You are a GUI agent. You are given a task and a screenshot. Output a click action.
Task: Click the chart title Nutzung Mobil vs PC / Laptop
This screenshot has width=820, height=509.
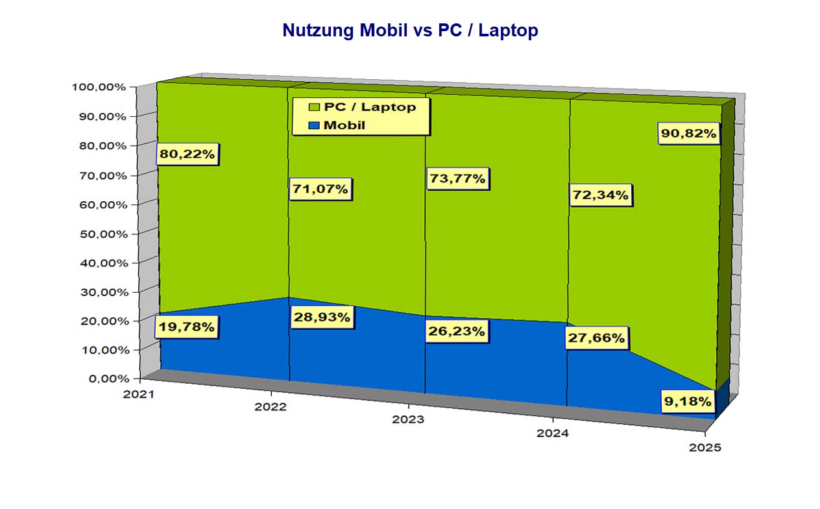click(410, 31)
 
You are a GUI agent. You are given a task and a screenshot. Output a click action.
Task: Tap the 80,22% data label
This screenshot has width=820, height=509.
click(189, 155)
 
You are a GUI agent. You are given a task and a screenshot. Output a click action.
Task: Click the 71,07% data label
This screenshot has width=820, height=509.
click(320, 190)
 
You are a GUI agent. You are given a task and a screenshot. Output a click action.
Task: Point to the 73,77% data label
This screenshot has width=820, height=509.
click(457, 179)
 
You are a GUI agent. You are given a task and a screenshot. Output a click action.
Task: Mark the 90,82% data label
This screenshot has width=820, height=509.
click(689, 134)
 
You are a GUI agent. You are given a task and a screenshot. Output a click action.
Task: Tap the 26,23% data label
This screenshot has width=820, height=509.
click(457, 331)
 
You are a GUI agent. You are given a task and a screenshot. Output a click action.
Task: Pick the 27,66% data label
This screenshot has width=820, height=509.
click(596, 338)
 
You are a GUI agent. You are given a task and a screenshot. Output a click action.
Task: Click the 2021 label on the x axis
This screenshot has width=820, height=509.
click(138, 394)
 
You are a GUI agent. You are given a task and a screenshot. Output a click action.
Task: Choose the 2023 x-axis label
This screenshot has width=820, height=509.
click(408, 419)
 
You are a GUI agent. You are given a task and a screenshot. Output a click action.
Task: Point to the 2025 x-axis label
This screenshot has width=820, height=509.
click(704, 448)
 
